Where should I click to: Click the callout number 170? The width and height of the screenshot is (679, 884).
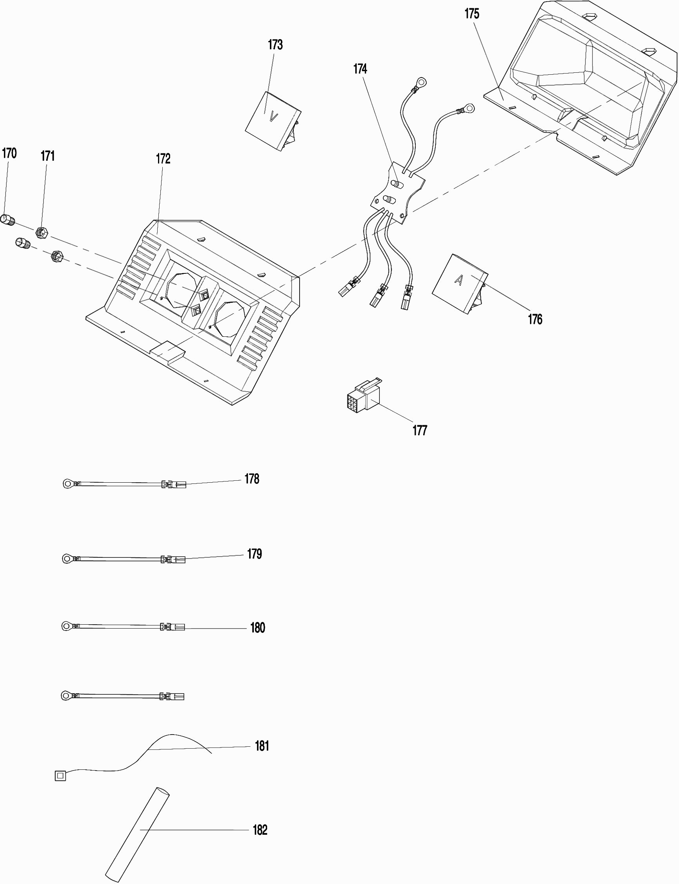point(9,153)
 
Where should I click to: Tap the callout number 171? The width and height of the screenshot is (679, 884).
point(48,156)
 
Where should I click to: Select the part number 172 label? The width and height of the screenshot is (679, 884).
point(163,158)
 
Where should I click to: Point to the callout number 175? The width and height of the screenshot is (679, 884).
point(472,14)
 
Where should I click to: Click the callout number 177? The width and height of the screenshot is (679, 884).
point(420,431)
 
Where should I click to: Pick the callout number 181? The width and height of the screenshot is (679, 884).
point(262,746)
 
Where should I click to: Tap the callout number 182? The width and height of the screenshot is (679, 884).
point(260,830)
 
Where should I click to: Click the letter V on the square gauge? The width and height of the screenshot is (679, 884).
point(274,117)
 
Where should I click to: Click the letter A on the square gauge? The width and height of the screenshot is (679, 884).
point(459,280)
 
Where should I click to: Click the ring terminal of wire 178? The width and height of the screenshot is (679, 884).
point(68,483)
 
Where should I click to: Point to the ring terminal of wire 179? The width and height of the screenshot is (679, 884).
point(67,559)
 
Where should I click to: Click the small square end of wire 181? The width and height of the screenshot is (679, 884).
point(60,776)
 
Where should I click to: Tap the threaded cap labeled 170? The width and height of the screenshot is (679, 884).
point(8,221)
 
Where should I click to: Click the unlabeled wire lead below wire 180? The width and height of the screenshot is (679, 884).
point(122,695)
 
